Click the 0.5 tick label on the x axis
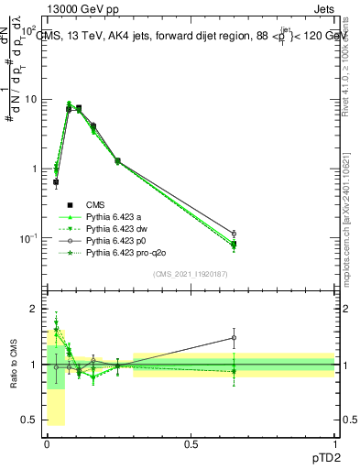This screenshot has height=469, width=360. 191,442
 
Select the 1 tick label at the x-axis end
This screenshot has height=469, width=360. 334,442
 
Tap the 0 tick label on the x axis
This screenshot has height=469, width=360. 47,442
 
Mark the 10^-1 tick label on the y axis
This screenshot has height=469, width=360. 31,238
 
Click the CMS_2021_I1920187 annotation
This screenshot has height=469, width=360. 191,274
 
